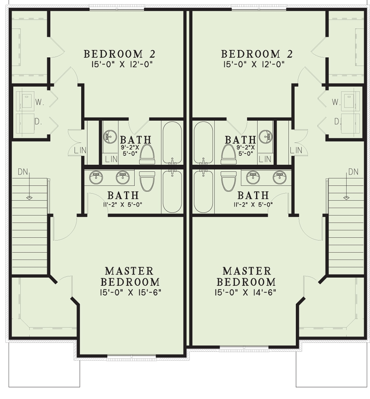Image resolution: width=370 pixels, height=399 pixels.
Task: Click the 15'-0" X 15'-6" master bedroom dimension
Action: click(129, 292)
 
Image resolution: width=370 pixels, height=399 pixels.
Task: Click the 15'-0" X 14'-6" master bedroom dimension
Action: click(245, 292)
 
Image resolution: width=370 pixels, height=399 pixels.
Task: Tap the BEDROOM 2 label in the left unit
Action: click(114, 54)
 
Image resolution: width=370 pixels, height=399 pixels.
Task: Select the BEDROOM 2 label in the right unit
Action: click(251, 54)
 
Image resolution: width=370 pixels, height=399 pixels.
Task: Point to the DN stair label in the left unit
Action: click(23, 171)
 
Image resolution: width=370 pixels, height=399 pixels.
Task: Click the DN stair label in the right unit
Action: click(353, 171)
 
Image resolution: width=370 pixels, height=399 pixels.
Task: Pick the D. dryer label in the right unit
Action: click(337, 121)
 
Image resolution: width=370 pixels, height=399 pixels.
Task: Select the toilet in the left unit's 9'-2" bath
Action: click(147, 154)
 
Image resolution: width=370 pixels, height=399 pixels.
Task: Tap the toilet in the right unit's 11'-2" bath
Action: click(228, 181)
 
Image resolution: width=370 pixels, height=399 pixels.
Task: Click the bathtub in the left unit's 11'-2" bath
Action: click(172, 191)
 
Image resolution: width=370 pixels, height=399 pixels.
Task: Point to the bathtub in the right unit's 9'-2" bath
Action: click(203, 142)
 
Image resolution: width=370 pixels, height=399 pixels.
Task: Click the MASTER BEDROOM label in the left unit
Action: click(129, 276)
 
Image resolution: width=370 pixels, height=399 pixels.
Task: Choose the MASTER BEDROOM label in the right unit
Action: click(246, 276)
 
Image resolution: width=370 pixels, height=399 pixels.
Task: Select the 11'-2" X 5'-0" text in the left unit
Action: click(123, 204)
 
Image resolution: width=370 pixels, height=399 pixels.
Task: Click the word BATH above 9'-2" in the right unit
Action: click(240, 140)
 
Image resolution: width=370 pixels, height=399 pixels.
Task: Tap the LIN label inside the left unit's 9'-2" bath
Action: click(110, 158)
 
